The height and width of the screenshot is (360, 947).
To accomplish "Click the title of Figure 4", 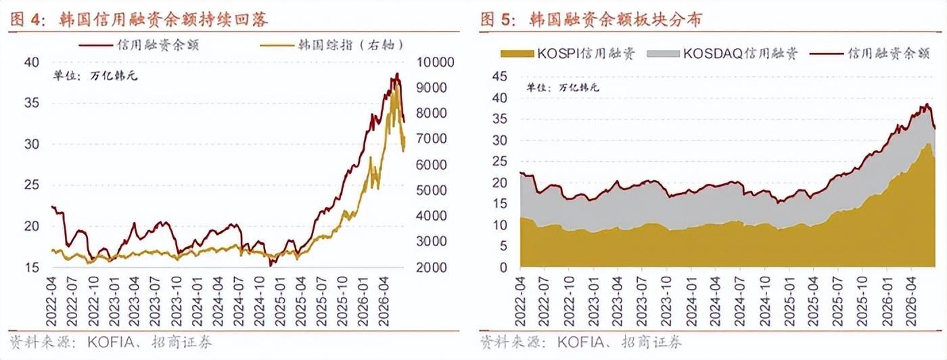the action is pyautogui.click(x=139, y=20).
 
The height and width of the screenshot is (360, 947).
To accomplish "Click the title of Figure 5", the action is pyautogui.click(x=591, y=20).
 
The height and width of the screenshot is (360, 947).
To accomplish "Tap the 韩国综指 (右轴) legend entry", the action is pyautogui.click(x=332, y=45).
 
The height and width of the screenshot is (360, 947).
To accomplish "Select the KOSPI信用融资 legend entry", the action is pyautogui.click(x=568, y=53).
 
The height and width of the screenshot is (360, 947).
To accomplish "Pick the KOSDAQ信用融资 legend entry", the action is pyautogui.click(x=722, y=53).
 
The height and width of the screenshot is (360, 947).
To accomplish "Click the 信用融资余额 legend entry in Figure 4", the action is pyautogui.click(x=139, y=45).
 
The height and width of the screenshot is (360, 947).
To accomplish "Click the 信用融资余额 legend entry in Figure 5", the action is pyautogui.click(x=870, y=53).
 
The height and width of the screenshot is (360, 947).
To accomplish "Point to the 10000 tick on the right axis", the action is pyautogui.click(x=435, y=62).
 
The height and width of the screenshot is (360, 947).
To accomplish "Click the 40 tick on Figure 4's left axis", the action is pyautogui.click(x=31, y=62).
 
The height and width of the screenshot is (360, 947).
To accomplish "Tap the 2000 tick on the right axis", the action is pyautogui.click(x=432, y=267).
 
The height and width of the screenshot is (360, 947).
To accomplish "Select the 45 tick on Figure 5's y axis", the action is pyautogui.click(x=499, y=76).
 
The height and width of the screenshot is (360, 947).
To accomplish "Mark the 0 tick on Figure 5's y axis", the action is pyautogui.click(x=503, y=267).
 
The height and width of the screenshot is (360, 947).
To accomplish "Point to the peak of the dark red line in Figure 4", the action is pyautogui.click(x=397, y=74).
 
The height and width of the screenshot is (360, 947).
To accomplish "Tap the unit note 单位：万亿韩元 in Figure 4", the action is pyautogui.click(x=95, y=76).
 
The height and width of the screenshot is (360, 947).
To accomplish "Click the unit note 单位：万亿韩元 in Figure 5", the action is pyautogui.click(x=563, y=87).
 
